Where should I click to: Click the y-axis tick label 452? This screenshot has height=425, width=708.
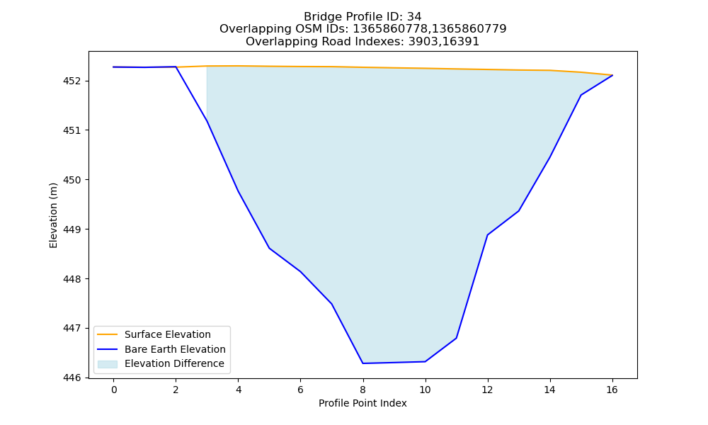tap(72, 81)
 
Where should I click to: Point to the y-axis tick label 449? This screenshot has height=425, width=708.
tap(72, 229)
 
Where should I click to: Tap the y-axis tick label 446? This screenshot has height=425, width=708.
tap(72, 378)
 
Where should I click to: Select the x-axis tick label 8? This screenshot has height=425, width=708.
tap(362, 390)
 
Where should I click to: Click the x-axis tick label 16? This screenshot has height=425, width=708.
tap(612, 390)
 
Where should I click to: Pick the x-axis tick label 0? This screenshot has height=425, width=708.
tap(114, 390)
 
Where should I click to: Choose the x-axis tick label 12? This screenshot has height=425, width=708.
tap(487, 390)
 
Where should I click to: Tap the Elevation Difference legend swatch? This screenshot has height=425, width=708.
tap(108, 364)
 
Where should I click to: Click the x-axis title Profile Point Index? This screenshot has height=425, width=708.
tap(362, 403)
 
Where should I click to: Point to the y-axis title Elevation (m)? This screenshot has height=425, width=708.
tap(53, 215)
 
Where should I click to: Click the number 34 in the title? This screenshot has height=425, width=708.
tap(414, 17)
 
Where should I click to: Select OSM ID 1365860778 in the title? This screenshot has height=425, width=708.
tap(389, 29)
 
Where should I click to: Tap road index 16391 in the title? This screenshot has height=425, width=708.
tap(462, 42)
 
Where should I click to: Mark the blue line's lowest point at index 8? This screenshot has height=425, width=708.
tap(362, 363)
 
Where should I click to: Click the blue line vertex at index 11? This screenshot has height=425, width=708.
tap(456, 338)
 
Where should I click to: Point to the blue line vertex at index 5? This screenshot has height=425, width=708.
tap(269, 248)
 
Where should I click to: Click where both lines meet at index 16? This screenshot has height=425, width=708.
tap(612, 75)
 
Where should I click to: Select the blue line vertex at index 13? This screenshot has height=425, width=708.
tap(518, 211)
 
